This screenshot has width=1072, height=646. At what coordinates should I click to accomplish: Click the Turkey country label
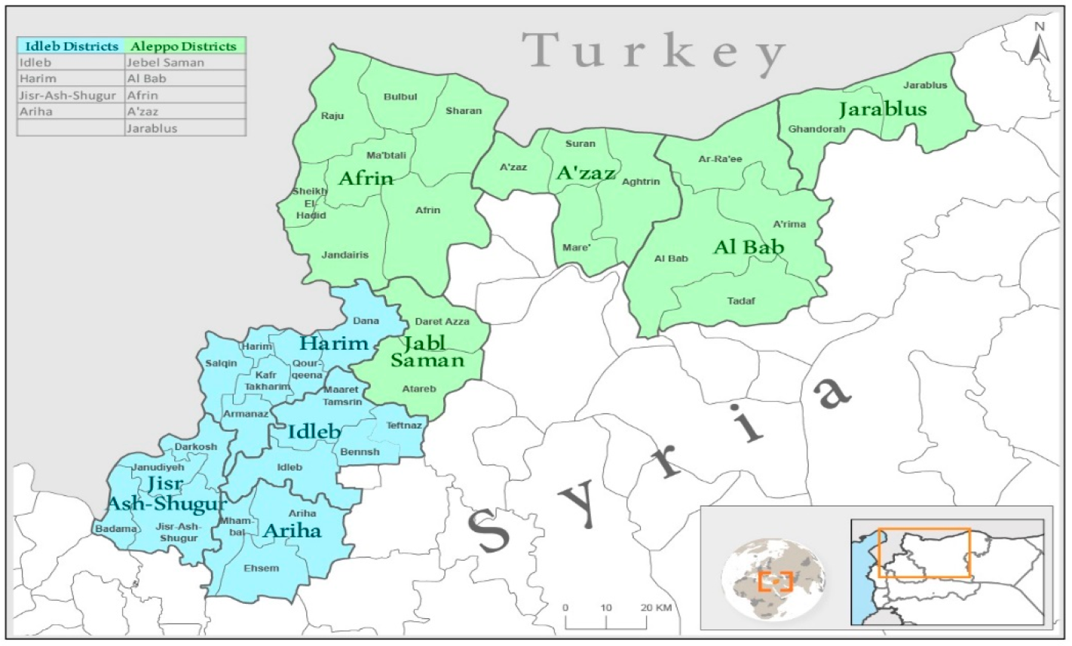(x=654, y=53)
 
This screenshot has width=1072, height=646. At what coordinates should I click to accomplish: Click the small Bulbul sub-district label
(x=400, y=97)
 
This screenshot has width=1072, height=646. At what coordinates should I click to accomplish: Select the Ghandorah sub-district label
(x=816, y=130)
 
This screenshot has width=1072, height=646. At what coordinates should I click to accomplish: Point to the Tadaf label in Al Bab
(x=740, y=302)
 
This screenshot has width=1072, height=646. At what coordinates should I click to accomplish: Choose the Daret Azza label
(x=442, y=322)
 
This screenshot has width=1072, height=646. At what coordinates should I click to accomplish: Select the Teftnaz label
(x=404, y=425)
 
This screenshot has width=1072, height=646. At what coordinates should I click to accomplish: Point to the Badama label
(x=116, y=529)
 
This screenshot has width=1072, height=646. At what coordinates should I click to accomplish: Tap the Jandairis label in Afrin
(x=345, y=255)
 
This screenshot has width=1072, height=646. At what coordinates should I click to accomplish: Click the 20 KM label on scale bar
(x=656, y=608)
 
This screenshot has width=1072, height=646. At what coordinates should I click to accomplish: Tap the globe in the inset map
(x=772, y=578)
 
